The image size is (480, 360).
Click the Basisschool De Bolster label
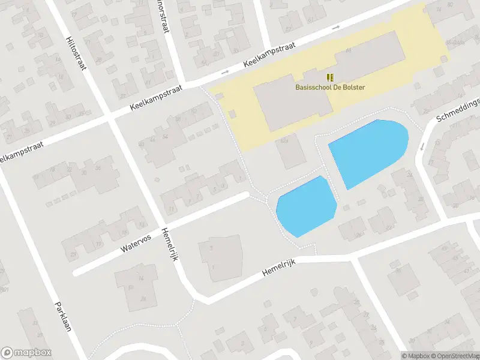pos(330,87)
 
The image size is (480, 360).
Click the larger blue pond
pos(367,151)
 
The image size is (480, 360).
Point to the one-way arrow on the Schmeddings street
pos(422,146)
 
